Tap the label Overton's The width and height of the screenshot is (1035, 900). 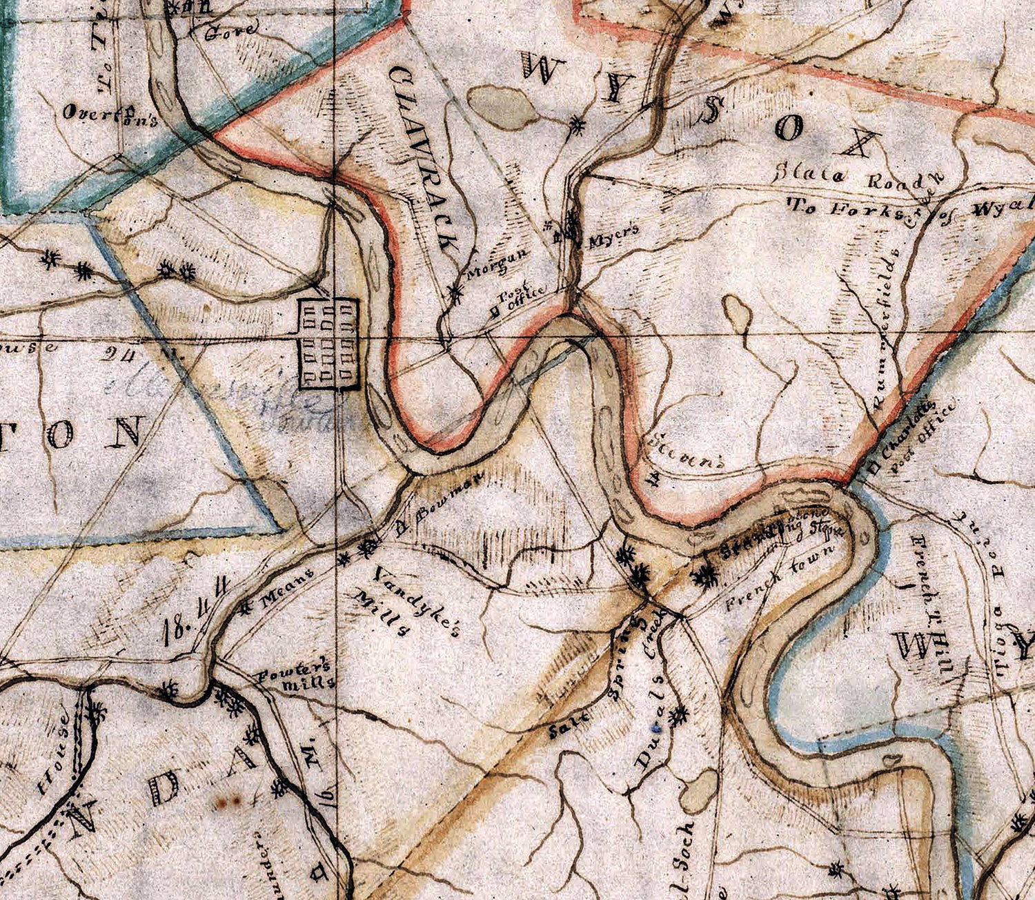click(x=111, y=115)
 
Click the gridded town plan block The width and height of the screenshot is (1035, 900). click(x=328, y=344)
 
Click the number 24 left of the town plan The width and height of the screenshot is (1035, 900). click(x=120, y=353)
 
